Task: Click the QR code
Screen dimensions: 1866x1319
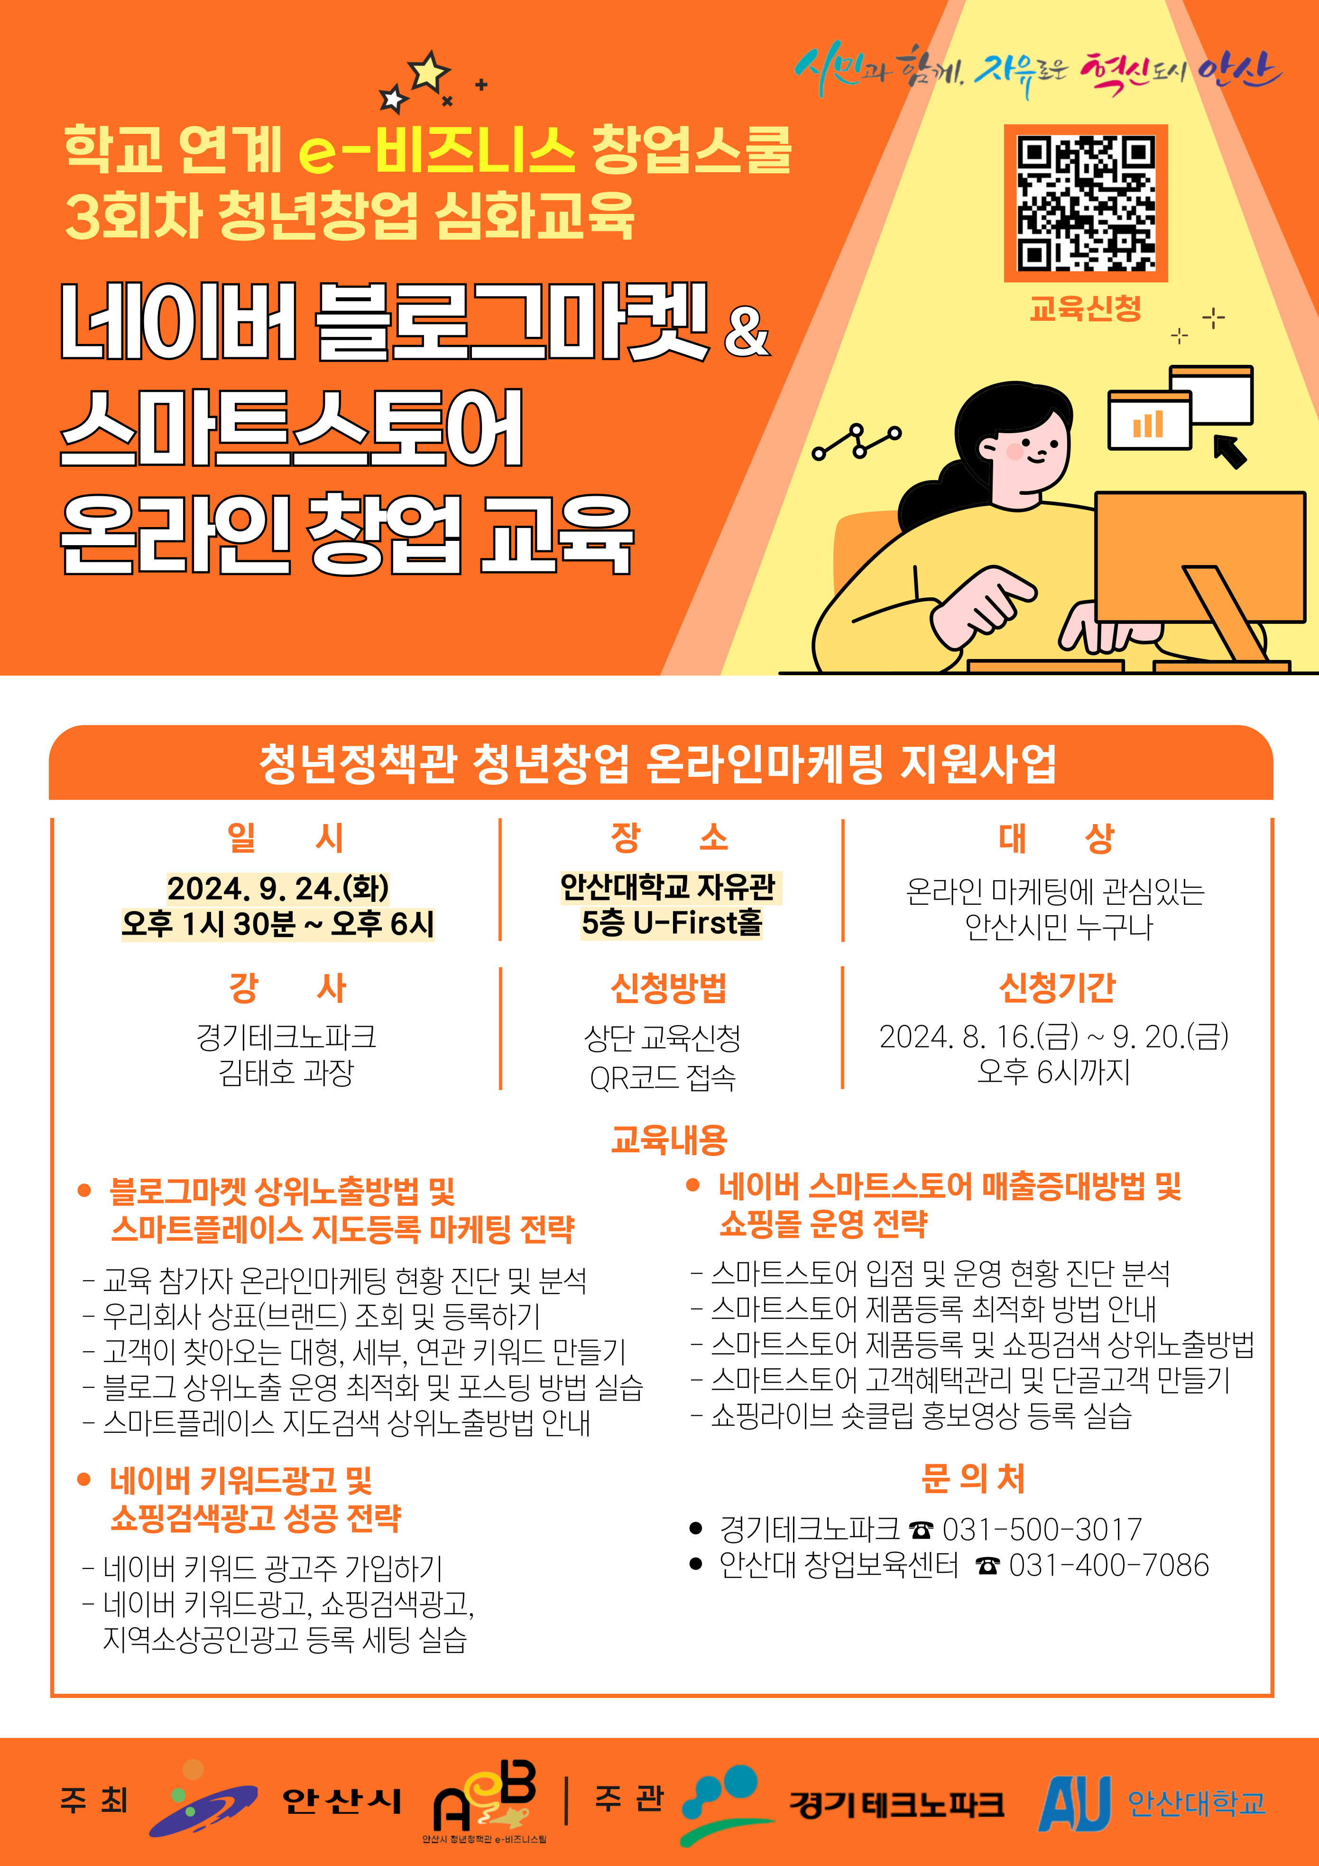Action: (1086, 203)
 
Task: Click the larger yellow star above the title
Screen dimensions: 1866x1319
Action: (430, 72)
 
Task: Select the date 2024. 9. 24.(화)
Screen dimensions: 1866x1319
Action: (278, 888)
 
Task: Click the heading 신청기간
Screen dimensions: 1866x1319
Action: (1057, 987)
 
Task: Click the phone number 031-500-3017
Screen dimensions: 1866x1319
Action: (1042, 1530)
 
